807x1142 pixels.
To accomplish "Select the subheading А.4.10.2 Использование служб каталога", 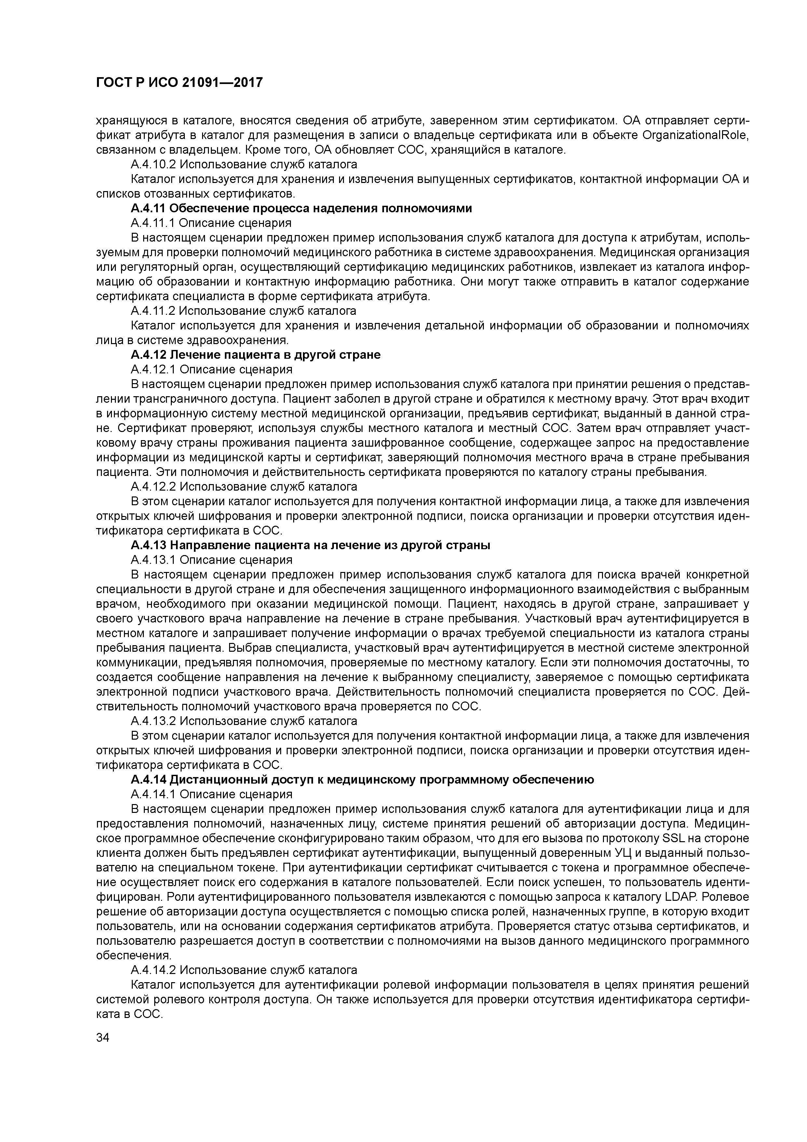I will point(244,164).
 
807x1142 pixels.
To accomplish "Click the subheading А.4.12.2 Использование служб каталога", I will point(244,486).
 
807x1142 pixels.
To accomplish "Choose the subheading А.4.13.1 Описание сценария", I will point(211,560).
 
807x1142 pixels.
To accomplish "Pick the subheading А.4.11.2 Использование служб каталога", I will point(244,311).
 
